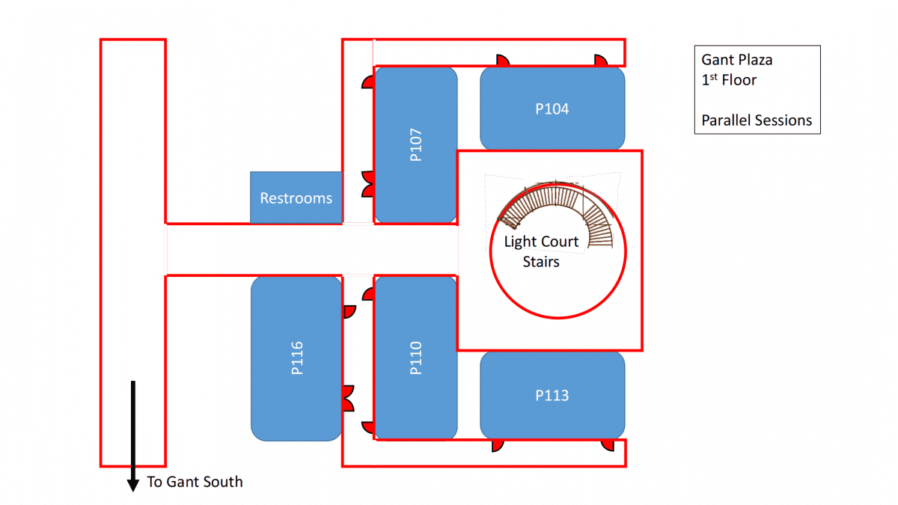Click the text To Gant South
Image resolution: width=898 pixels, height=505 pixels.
(x=195, y=482)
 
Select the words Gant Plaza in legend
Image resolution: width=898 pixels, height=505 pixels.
(x=736, y=60)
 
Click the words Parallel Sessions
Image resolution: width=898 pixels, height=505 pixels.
(x=757, y=120)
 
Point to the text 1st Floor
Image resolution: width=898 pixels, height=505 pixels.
(x=729, y=79)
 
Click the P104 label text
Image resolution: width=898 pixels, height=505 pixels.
(x=552, y=109)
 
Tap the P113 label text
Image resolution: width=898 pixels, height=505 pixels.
(x=552, y=395)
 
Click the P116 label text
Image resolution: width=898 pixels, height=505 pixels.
(x=297, y=358)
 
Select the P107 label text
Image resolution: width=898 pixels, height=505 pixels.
(x=417, y=145)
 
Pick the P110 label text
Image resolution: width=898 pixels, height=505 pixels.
(x=417, y=358)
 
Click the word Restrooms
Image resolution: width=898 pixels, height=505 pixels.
(x=296, y=198)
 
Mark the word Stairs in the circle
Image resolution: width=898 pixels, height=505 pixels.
(x=541, y=262)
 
